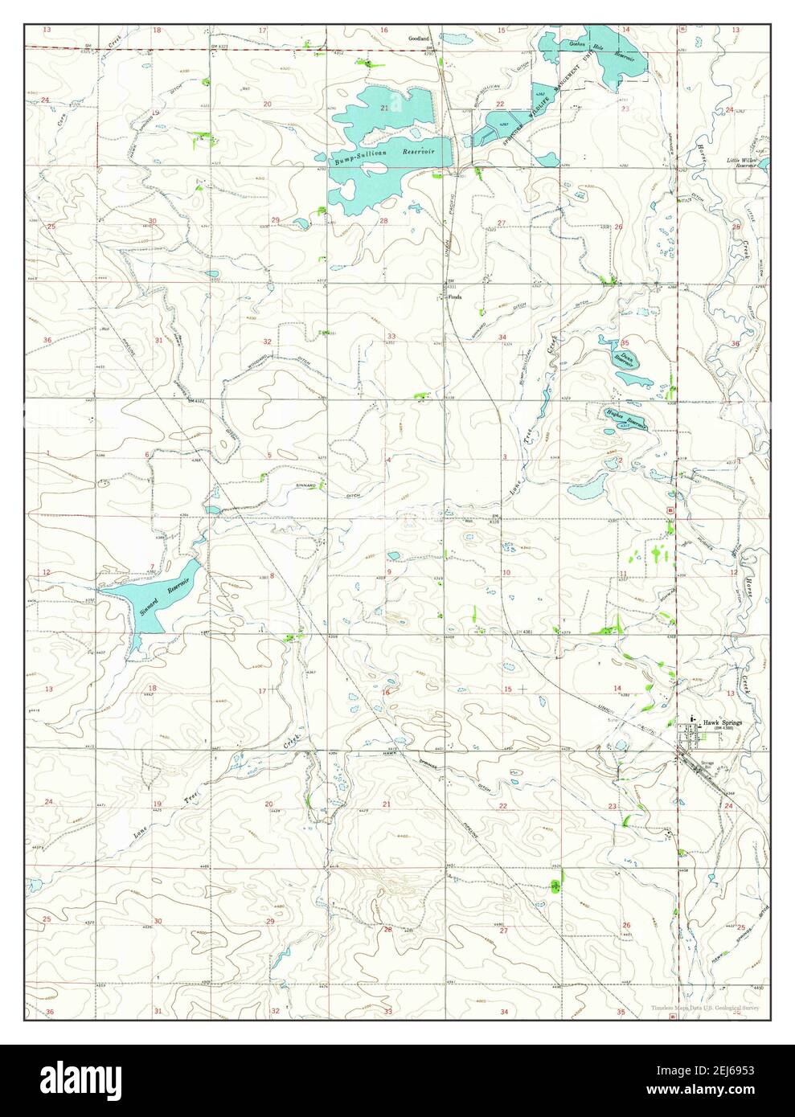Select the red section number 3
click(x=504, y=457)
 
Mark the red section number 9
click(x=388, y=572)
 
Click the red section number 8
click(x=272, y=575)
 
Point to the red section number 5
click(x=269, y=456)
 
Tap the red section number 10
click(x=506, y=572)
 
